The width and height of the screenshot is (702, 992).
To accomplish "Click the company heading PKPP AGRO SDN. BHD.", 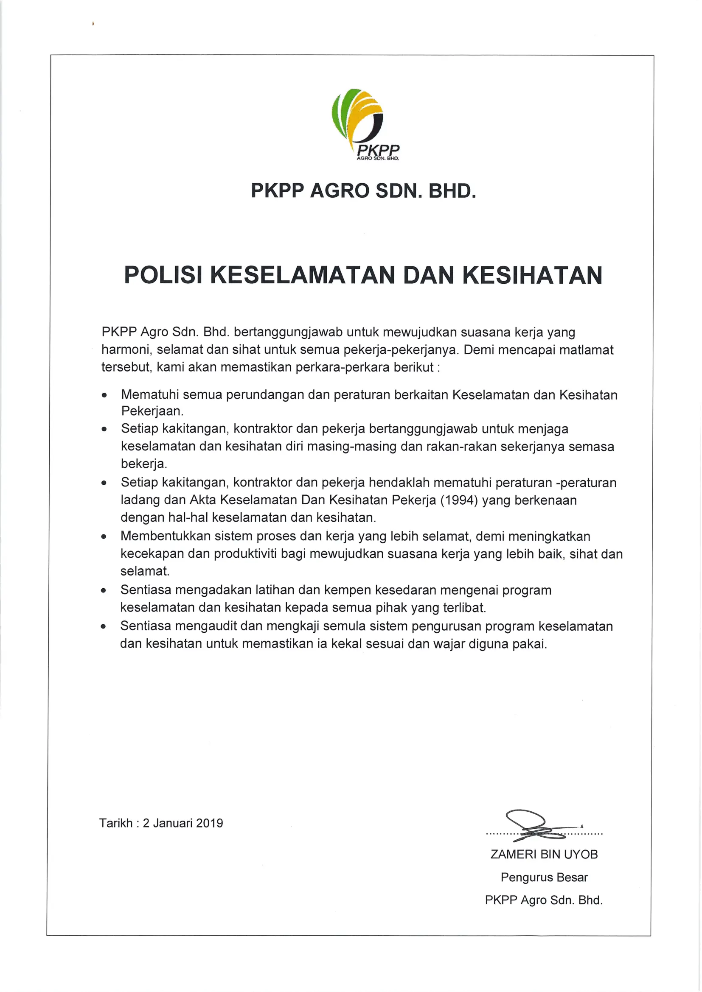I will click(x=364, y=190).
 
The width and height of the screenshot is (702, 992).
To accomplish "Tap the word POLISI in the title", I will click(x=163, y=275).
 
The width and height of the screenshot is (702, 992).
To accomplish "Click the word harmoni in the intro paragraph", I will click(x=126, y=349).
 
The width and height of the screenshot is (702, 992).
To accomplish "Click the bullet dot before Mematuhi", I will click(x=104, y=395).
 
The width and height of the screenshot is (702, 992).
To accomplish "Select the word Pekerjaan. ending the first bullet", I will click(x=152, y=411).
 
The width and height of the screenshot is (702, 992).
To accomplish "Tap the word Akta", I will click(x=203, y=500).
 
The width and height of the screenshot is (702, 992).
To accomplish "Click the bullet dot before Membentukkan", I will click(x=104, y=537).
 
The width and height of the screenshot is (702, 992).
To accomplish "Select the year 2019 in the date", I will click(x=209, y=823).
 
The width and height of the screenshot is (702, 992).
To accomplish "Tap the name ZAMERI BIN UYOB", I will click(x=544, y=855).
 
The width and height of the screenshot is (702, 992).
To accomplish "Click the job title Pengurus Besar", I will click(x=544, y=877).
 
